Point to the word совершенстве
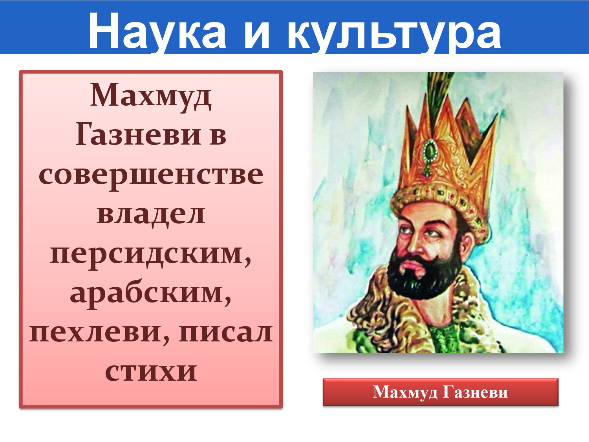151,176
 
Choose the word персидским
150,255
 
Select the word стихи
151,371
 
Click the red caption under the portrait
440,392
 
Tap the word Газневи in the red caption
475,392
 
